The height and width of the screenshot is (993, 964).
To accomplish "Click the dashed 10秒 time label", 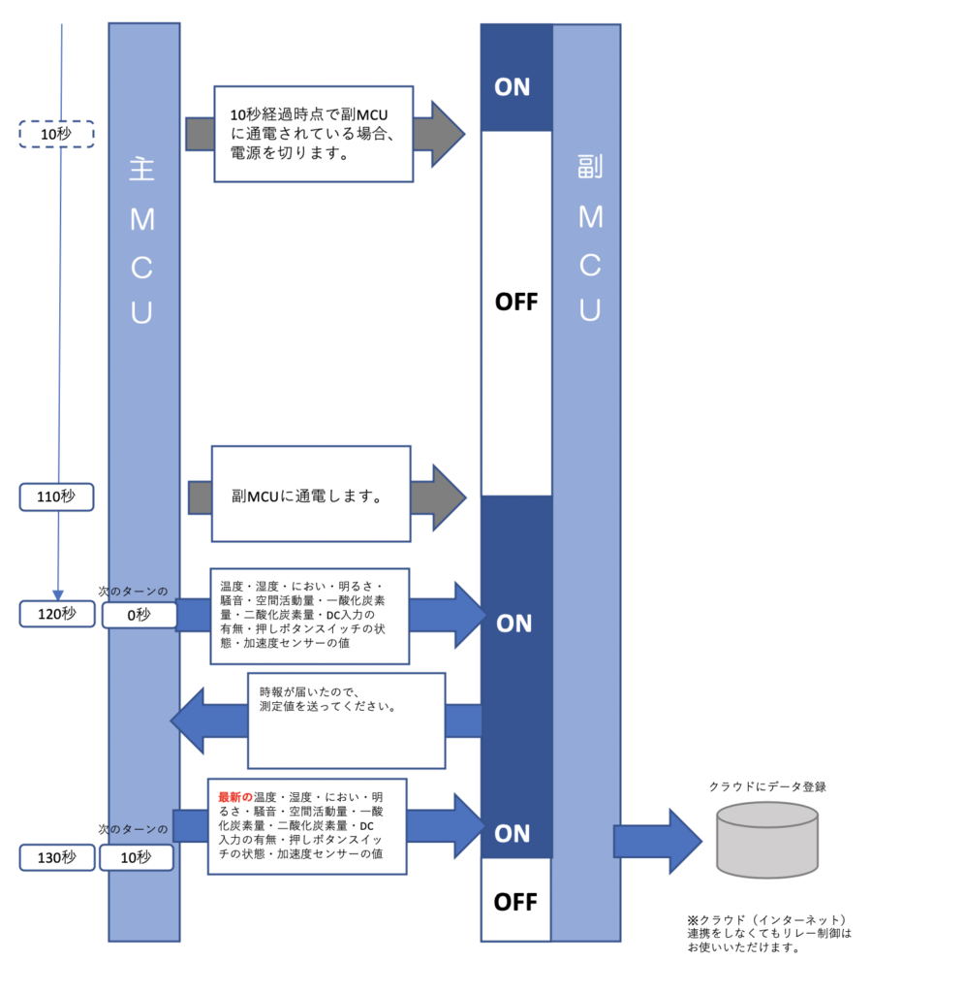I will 56,134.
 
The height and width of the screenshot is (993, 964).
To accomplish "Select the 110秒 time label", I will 56,497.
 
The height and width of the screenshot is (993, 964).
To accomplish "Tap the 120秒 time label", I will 56,614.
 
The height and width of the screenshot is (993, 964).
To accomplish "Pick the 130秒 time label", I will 56,857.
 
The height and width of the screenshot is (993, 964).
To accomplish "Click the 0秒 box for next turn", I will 140,615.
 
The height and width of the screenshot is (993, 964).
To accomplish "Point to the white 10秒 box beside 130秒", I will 137,857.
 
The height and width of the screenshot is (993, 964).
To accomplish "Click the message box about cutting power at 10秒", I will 313,133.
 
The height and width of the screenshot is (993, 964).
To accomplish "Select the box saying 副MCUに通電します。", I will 311,495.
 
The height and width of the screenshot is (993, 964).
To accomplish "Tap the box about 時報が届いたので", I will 346,720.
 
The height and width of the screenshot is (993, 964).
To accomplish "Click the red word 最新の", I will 235,797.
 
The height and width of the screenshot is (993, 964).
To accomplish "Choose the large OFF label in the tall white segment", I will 515,303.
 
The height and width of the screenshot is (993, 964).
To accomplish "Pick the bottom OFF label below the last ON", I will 515,902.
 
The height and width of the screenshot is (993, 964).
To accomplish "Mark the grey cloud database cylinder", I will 767,840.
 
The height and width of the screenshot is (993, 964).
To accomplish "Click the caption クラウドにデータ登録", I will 767,786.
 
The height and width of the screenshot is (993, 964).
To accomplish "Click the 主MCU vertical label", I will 142,242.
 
